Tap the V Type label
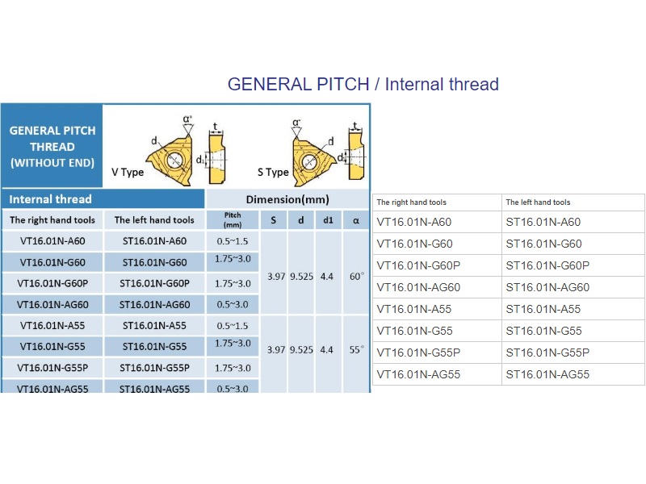click(128, 172)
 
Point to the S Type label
click(273, 172)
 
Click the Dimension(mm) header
click(287, 199)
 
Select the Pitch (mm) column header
click(233, 219)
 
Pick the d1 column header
click(328, 220)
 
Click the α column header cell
click(356, 220)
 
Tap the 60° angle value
click(357, 276)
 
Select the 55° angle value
click(357, 350)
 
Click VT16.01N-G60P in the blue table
click(52, 284)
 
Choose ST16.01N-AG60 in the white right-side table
click(547, 287)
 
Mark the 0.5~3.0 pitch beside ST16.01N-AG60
click(233, 305)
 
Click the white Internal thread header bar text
click(50, 199)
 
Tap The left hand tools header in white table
click(538, 202)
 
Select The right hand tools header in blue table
click(52, 220)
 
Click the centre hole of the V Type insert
click(174, 160)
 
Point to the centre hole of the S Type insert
click(309, 162)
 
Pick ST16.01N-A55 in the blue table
click(154, 326)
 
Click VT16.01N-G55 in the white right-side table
click(414, 331)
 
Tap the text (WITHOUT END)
click(52, 163)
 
